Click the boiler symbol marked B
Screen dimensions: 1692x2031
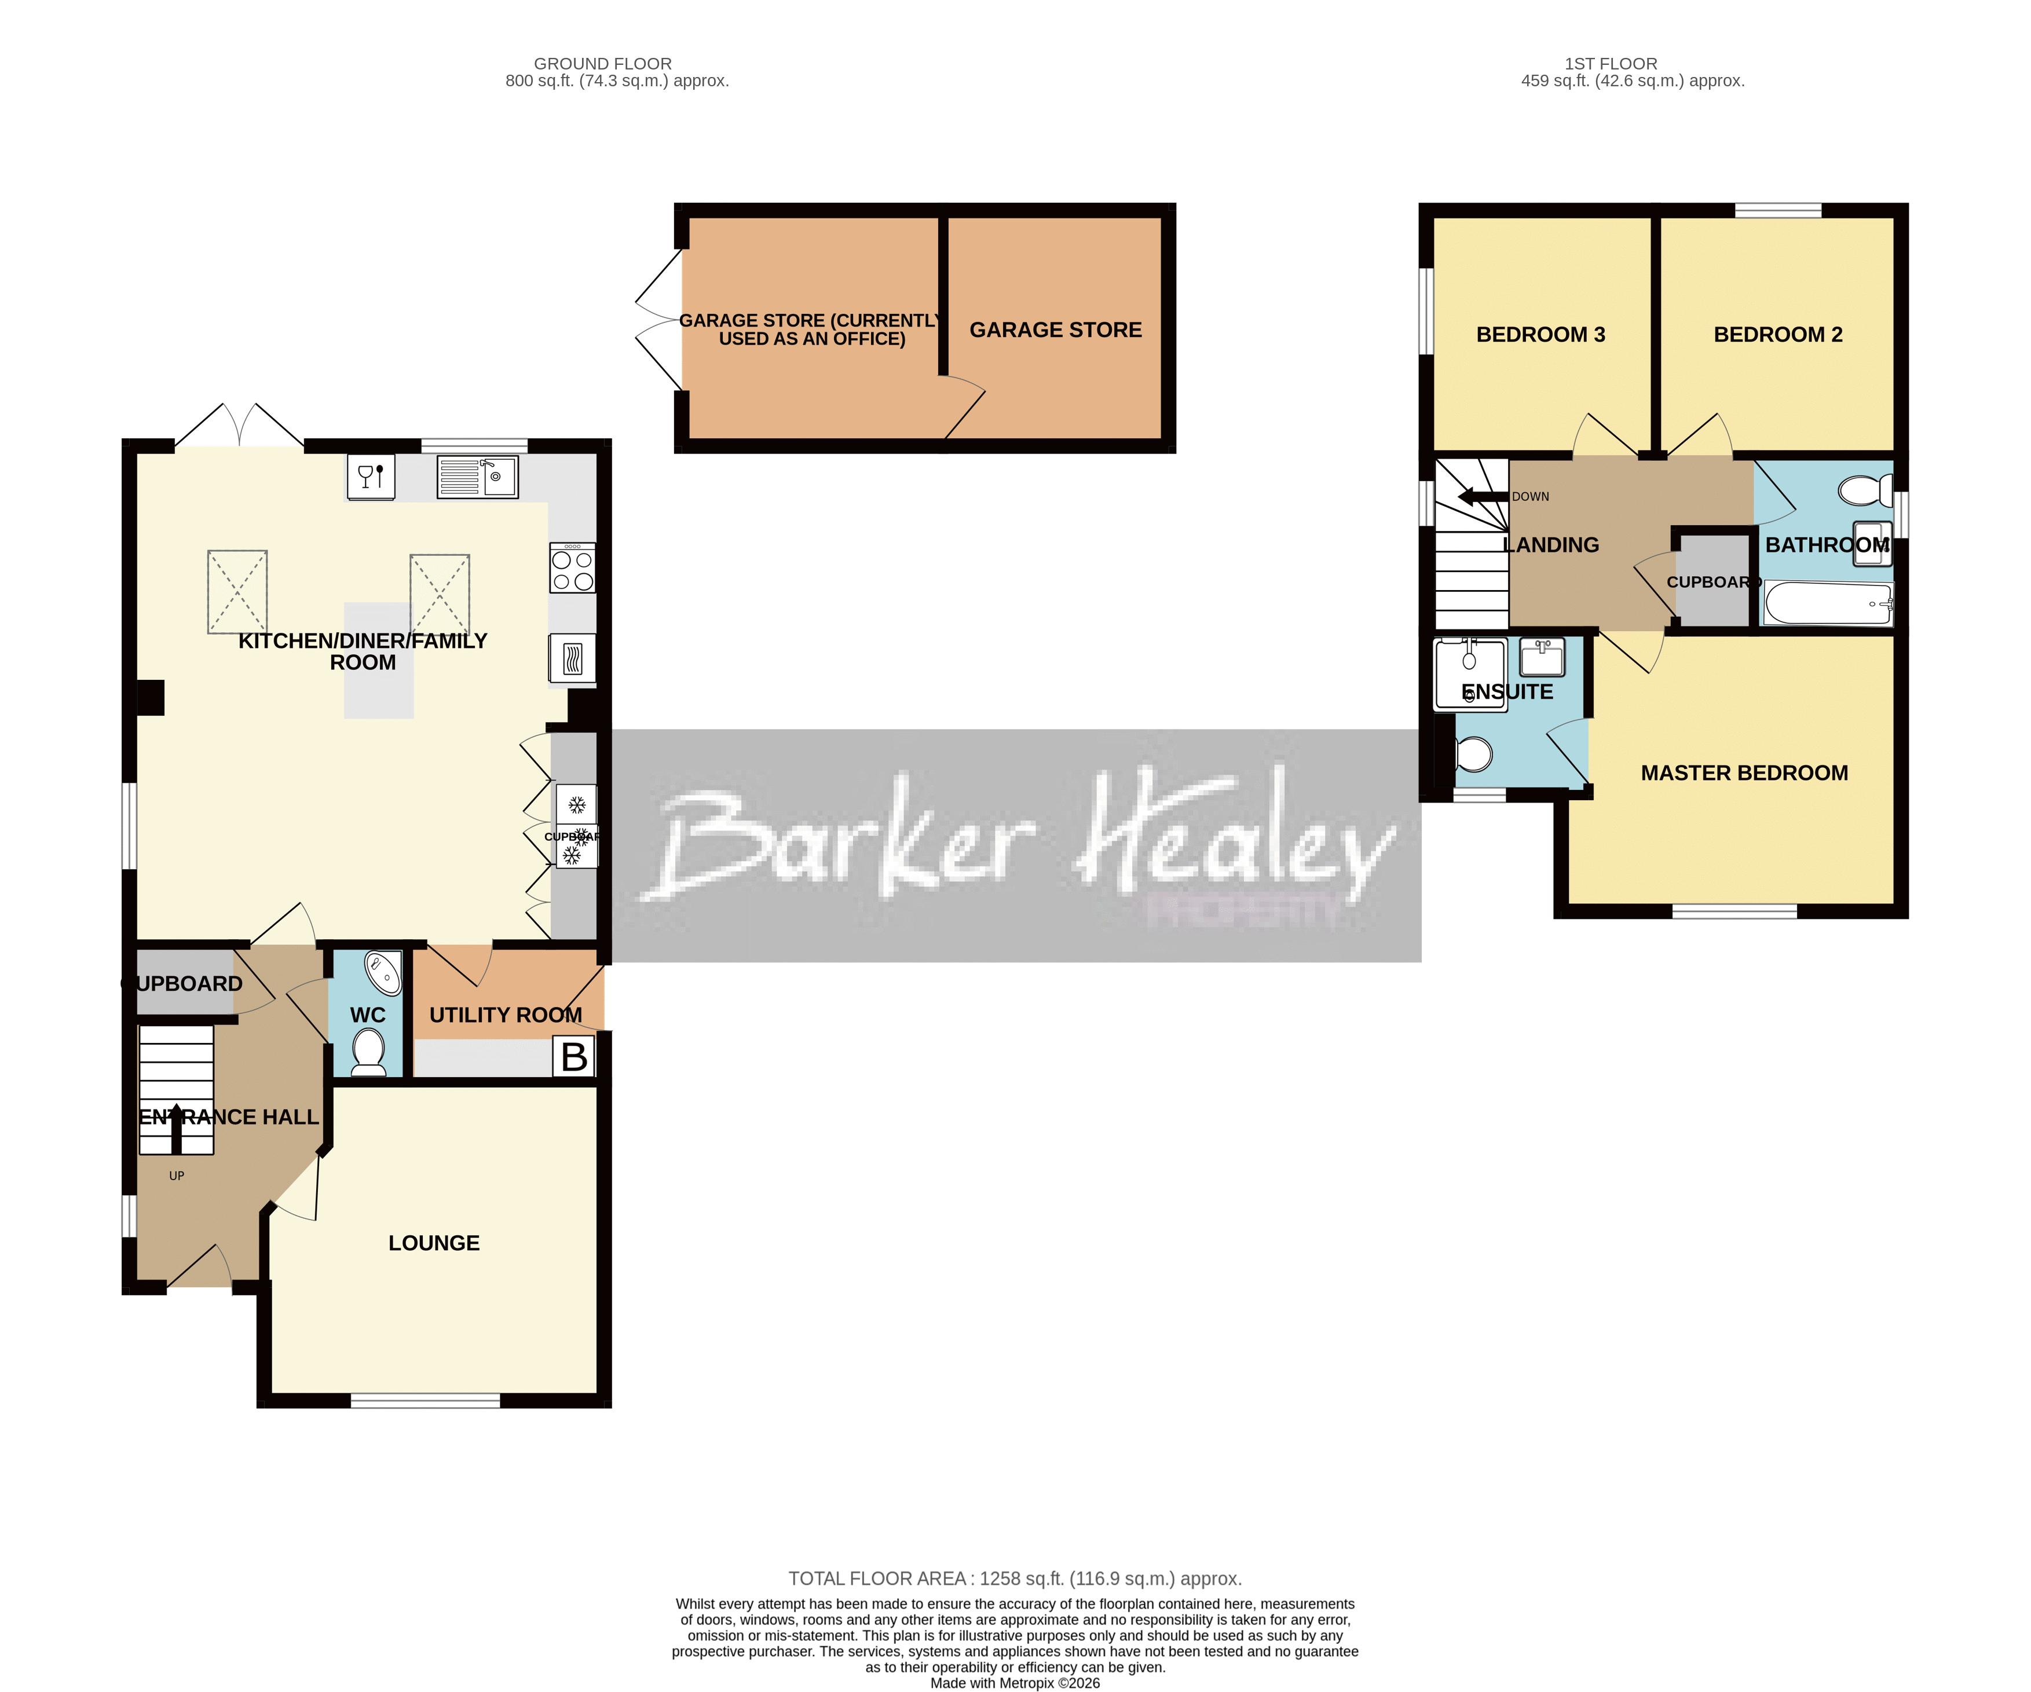point(573,1057)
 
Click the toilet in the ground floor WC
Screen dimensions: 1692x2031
point(368,1052)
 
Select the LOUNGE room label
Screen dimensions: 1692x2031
point(433,1243)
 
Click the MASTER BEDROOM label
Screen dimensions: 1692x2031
point(1744,772)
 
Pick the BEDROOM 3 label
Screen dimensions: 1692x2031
point(1540,335)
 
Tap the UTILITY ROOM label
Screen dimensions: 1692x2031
point(505,1015)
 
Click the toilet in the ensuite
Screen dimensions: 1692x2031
point(1474,754)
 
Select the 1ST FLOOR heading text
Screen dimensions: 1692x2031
point(1611,64)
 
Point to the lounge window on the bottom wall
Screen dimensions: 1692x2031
point(426,1401)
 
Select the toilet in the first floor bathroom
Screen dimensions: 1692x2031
point(1865,490)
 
